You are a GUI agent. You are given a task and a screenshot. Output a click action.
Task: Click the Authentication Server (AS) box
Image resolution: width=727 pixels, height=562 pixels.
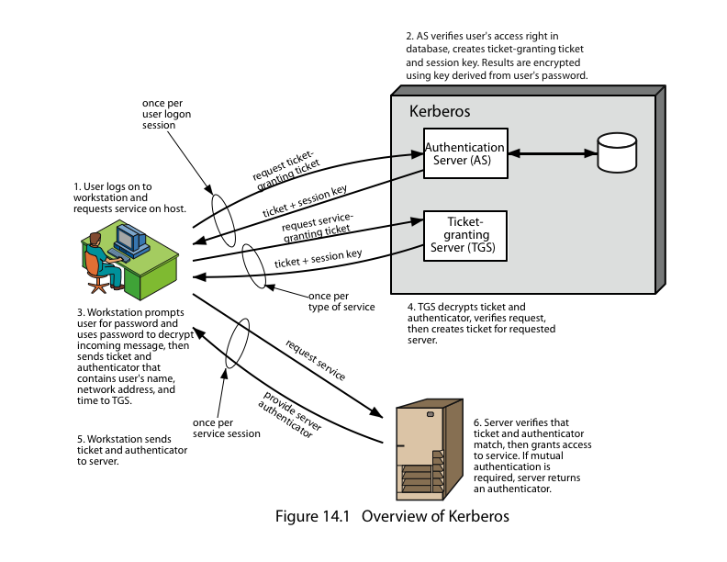(464, 153)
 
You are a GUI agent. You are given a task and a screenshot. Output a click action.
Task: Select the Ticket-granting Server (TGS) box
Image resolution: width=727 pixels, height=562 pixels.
(464, 236)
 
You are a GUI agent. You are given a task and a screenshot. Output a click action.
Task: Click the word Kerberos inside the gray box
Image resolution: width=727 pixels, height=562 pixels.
(440, 112)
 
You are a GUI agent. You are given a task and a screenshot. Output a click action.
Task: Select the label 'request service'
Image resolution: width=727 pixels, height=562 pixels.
(316, 361)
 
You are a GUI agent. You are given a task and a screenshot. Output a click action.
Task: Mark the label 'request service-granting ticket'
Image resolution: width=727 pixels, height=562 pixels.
(317, 228)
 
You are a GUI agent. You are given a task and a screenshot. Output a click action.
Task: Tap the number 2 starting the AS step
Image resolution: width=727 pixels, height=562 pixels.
(410, 37)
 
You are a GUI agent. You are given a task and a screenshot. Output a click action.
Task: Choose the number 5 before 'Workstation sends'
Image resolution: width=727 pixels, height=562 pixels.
(80, 439)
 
